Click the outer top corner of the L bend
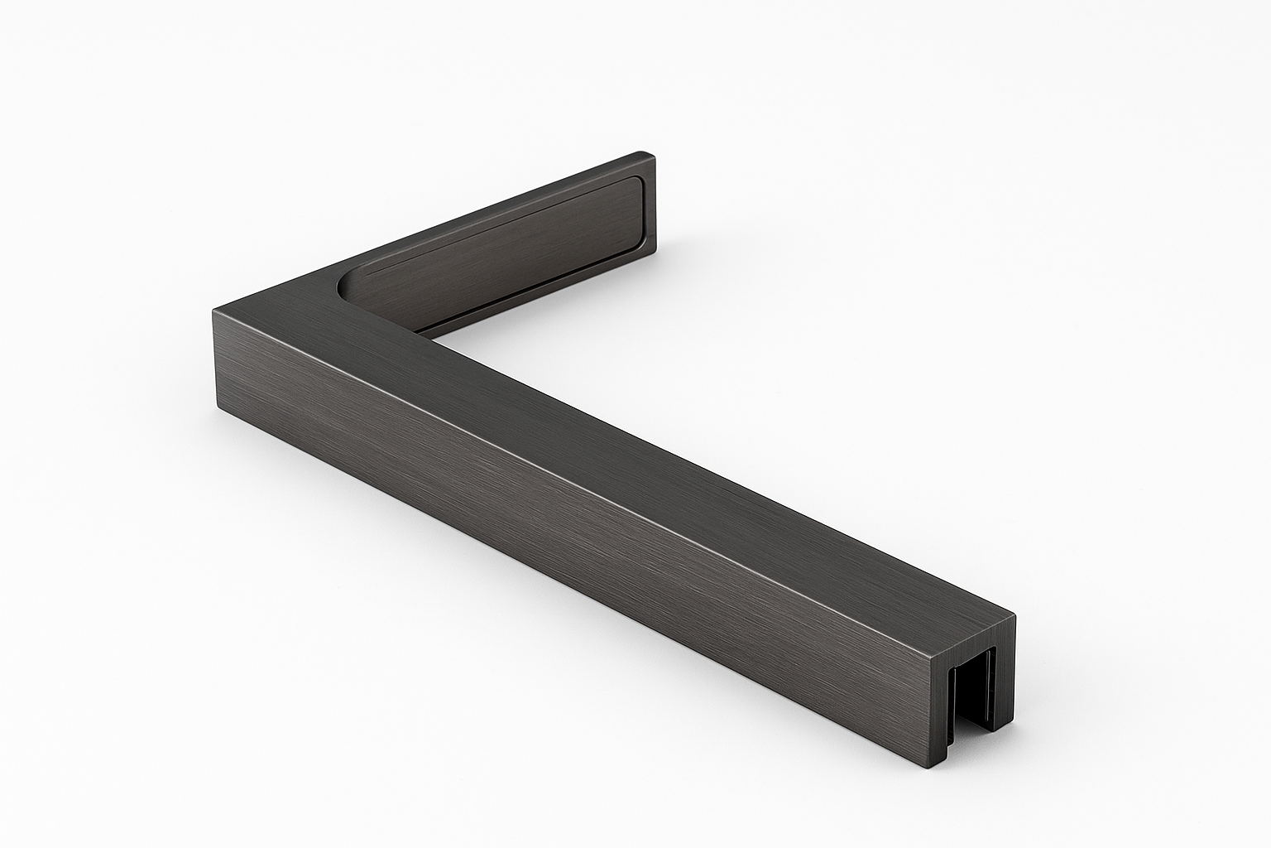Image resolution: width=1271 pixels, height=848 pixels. coord(214,311)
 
